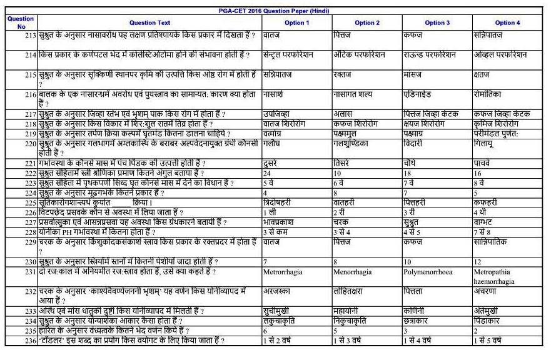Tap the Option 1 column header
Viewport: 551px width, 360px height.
tap(297, 23)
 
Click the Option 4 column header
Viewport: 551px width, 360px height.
tap(507, 23)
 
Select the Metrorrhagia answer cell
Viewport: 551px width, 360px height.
tap(285, 273)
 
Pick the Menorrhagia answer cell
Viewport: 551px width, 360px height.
tap(353, 273)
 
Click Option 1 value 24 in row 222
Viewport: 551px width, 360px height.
tap(267, 173)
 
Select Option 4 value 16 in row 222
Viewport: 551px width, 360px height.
tap(478, 173)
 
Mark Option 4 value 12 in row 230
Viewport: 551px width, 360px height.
tap(478, 261)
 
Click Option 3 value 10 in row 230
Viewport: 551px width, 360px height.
tap(408, 261)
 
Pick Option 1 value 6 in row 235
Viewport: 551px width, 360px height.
tap(266, 331)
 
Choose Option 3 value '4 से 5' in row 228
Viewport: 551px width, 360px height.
tap(413, 232)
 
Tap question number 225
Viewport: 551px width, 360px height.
tap(28, 202)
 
